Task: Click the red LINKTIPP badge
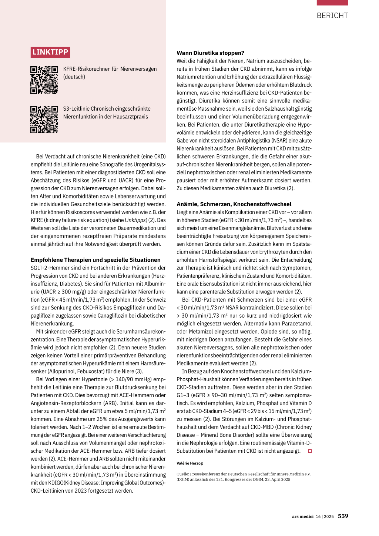[50, 52]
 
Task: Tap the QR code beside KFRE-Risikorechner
[44, 80]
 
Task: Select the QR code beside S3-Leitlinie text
[44, 119]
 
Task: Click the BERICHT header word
[332, 16]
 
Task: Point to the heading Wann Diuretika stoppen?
[210, 53]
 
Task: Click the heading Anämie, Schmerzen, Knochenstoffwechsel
[234, 204]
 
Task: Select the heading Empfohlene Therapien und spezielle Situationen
[95, 260]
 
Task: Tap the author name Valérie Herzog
[189, 463]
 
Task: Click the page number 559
[343, 516]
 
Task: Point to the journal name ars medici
[302, 516]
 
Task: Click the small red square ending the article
[310, 451]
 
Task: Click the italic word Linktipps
[135, 220]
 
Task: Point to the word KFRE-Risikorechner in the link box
[86, 69]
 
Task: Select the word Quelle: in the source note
[182, 474]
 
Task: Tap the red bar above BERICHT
[332, 3]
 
